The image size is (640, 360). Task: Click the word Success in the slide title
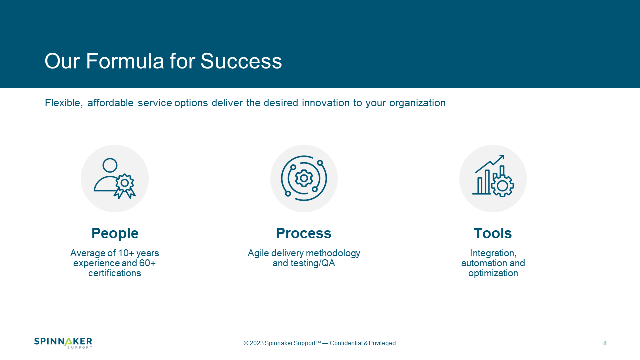pyautogui.click(x=241, y=61)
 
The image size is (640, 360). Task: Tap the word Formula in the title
pyautogui.click(x=125, y=61)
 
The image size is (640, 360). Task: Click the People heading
pyautogui.click(x=115, y=233)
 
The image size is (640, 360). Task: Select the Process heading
pyautogui.click(x=303, y=233)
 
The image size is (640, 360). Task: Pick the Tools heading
pyautogui.click(x=493, y=233)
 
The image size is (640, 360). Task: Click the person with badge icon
pyautogui.click(x=115, y=178)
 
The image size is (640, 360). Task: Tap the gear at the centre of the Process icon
pyautogui.click(x=304, y=178)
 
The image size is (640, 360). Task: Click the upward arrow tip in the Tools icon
pyautogui.click(x=503, y=156)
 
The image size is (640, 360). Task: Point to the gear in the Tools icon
pyautogui.click(x=502, y=186)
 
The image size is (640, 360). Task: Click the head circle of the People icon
pyautogui.click(x=110, y=165)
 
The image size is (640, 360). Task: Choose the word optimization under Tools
pyautogui.click(x=493, y=273)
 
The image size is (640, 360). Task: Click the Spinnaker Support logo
pyautogui.click(x=63, y=343)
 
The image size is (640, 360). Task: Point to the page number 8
pyautogui.click(x=605, y=343)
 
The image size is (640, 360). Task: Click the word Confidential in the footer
pyautogui.click(x=346, y=343)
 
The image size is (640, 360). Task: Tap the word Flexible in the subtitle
pyautogui.click(x=64, y=103)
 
